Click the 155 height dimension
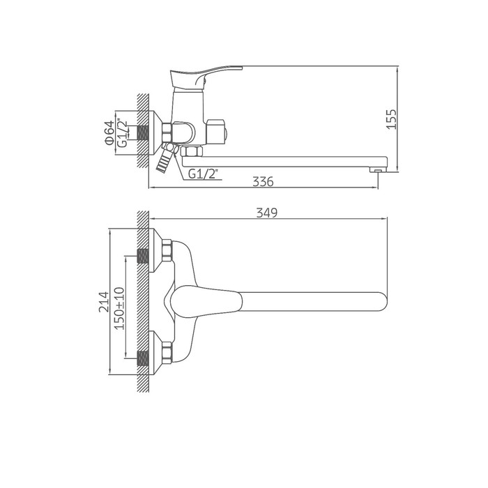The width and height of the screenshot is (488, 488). click(x=392, y=119)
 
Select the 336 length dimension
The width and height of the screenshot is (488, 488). click(x=263, y=181)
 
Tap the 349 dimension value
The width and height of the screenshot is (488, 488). click(x=267, y=213)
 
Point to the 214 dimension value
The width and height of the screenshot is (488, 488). click(x=104, y=302)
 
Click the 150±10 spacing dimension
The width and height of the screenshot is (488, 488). click(x=119, y=308)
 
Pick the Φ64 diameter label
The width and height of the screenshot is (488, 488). click(x=109, y=132)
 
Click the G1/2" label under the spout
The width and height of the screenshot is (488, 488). click(x=202, y=174)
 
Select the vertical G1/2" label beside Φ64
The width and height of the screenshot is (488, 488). click(x=123, y=133)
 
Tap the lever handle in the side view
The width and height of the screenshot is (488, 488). click(x=206, y=75)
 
